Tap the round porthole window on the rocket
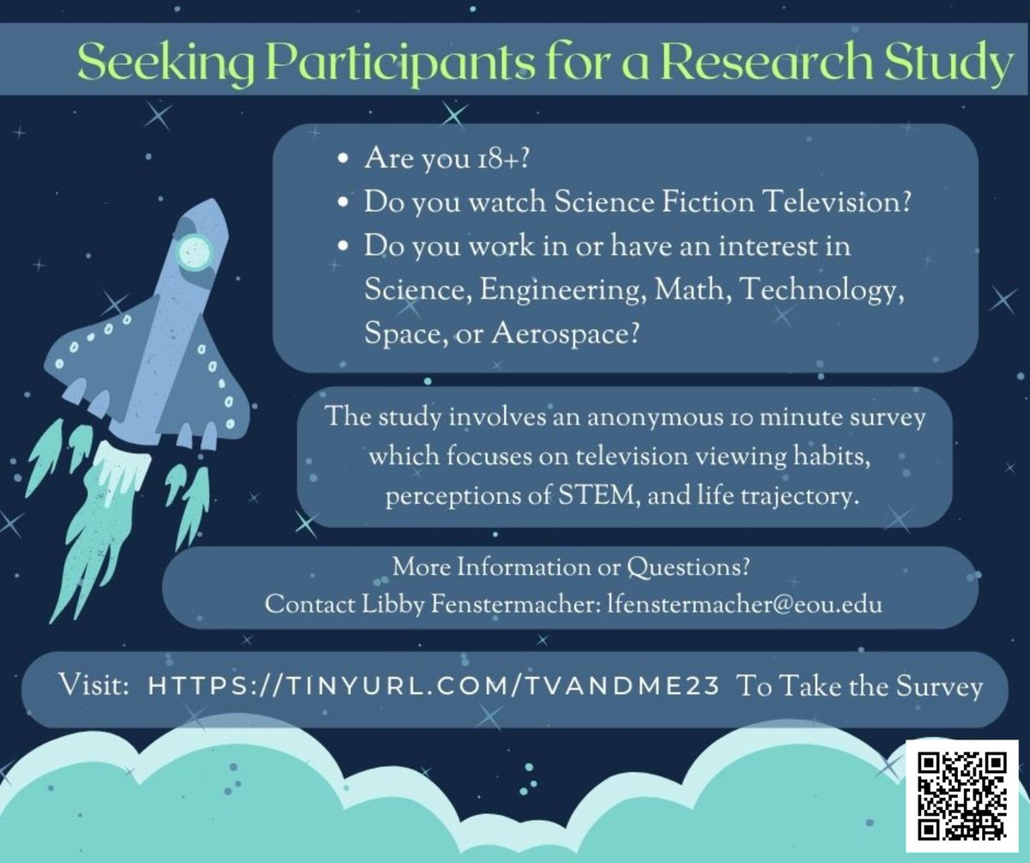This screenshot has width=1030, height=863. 195,250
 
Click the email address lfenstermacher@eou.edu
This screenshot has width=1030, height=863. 732,604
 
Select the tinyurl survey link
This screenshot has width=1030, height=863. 434,687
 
